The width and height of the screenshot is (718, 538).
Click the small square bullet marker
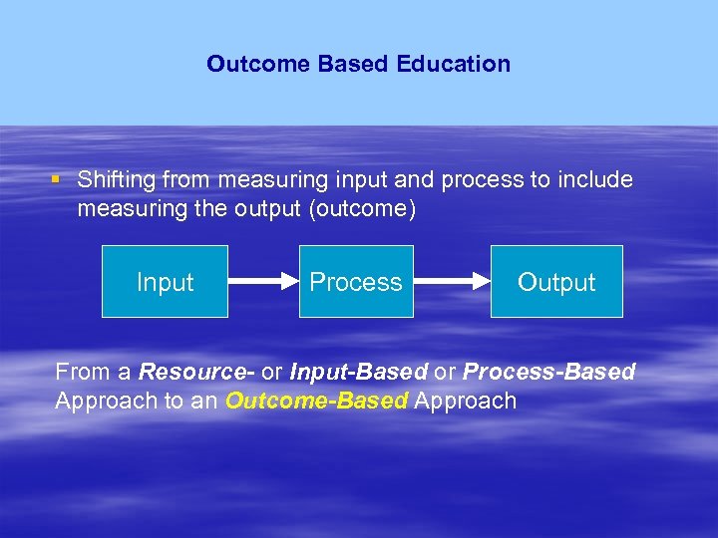click(x=58, y=180)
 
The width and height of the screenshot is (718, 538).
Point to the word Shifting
click(x=117, y=180)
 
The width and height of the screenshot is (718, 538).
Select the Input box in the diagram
click(x=165, y=282)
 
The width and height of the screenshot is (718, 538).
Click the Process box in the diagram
click(x=356, y=282)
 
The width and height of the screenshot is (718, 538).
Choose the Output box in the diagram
click(x=555, y=282)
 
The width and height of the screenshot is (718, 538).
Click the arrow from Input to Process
click(x=263, y=282)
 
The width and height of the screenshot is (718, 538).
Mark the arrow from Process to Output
click(x=452, y=282)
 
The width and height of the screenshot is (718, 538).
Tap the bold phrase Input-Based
click(x=358, y=373)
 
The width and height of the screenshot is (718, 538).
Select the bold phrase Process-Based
click(x=549, y=373)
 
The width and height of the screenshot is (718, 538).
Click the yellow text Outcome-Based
click(x=317, y=402)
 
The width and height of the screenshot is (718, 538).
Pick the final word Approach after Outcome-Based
click(x=466, y=402)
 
